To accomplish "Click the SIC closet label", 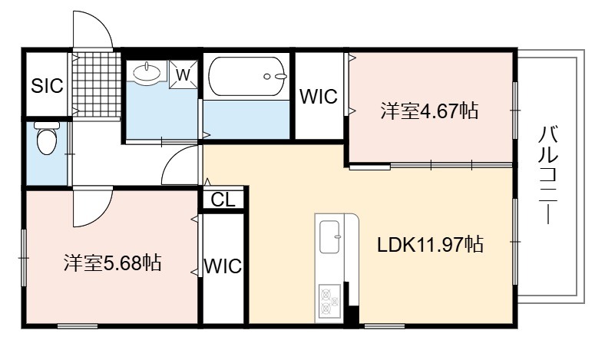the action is point(47,86).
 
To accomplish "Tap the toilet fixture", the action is point(47,138).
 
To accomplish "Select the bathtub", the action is point(247,77).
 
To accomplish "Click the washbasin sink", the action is point(147,71).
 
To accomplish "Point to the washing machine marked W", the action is point(183,74).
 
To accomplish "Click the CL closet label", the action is point(223,200).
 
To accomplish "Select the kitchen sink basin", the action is point(331,236).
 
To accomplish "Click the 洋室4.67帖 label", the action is point(429,111).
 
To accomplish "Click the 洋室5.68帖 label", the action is point(113,263).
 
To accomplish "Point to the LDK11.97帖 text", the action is point(430,244).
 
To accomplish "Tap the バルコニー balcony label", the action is point(548,175).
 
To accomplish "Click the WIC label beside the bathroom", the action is point(319,97).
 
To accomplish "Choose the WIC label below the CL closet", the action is point(223,266).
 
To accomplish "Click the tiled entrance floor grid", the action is point(97,84).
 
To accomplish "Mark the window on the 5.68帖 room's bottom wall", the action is point(78,326).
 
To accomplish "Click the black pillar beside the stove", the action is point(352,305).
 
